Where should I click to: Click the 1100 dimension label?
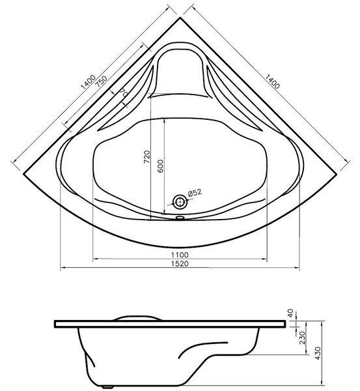click(x=180, y=255)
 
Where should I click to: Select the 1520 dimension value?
click(x=180, y=263)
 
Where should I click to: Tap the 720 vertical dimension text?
click(x=147, y=157)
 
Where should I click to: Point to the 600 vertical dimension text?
click(x=160, y=166)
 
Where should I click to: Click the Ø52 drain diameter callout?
click(x=195, y=193)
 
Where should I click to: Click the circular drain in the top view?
click(x=180, y=202)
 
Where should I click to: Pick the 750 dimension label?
click(x=102, y=81)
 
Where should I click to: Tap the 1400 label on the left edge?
click(x=88, y=82)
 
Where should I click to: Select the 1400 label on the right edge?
click(x=272, y=81)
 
